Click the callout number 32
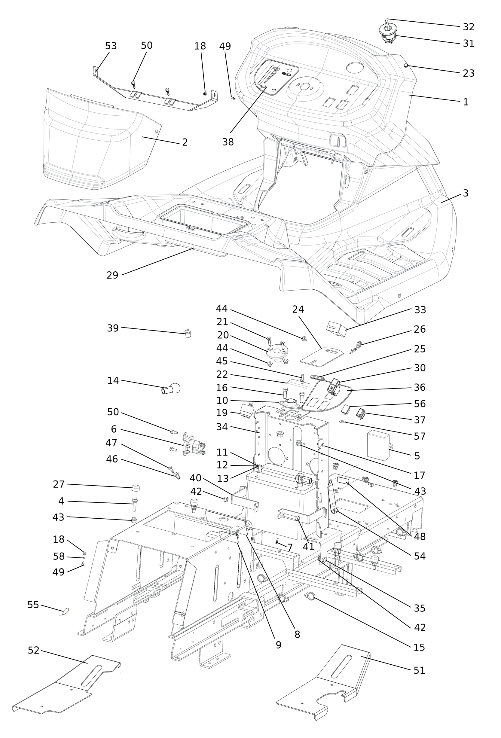[468, 27]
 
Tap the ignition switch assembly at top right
[388, 32]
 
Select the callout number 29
[112, 275]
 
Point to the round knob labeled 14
[171, 388]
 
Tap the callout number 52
[33, 650]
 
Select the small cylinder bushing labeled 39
[188, 334]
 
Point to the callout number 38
[228, 142]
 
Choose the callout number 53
[111, 46]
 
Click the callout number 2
[185, 142]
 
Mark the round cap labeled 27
[136, 488]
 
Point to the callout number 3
[466, 193]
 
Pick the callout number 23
[468, 73]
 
